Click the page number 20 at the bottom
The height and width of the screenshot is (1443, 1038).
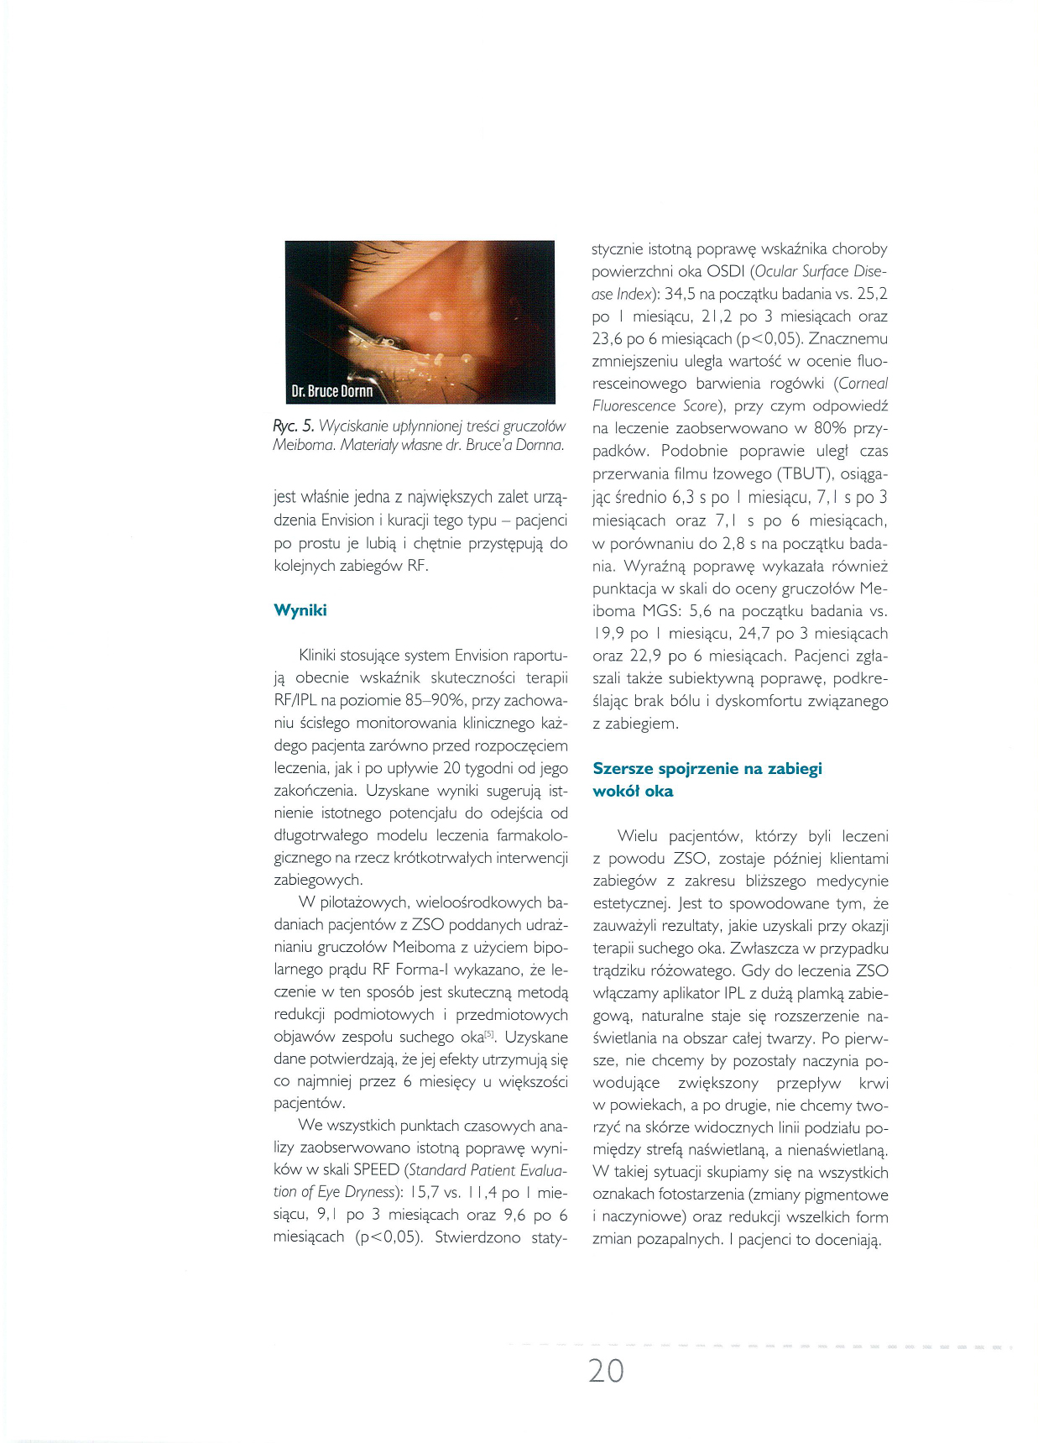click(x=606, y=1370)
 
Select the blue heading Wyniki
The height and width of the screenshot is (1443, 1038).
click(x=300, y=610)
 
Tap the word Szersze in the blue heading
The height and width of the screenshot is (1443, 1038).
click(x=623, y=768)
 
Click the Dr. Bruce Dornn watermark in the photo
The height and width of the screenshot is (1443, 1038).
click(x=332, y=391)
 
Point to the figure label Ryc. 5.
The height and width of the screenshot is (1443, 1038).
click(x=293, y=426)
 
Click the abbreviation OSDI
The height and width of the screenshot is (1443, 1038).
click(x=722, y=271)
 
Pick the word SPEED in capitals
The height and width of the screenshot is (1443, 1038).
click(x=376, y=1169)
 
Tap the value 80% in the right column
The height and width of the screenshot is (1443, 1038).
click(x=831, y=429)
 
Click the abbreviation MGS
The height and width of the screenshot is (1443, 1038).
click(x=660, y=611)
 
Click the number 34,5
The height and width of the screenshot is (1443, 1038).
click(x=682, y=294)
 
